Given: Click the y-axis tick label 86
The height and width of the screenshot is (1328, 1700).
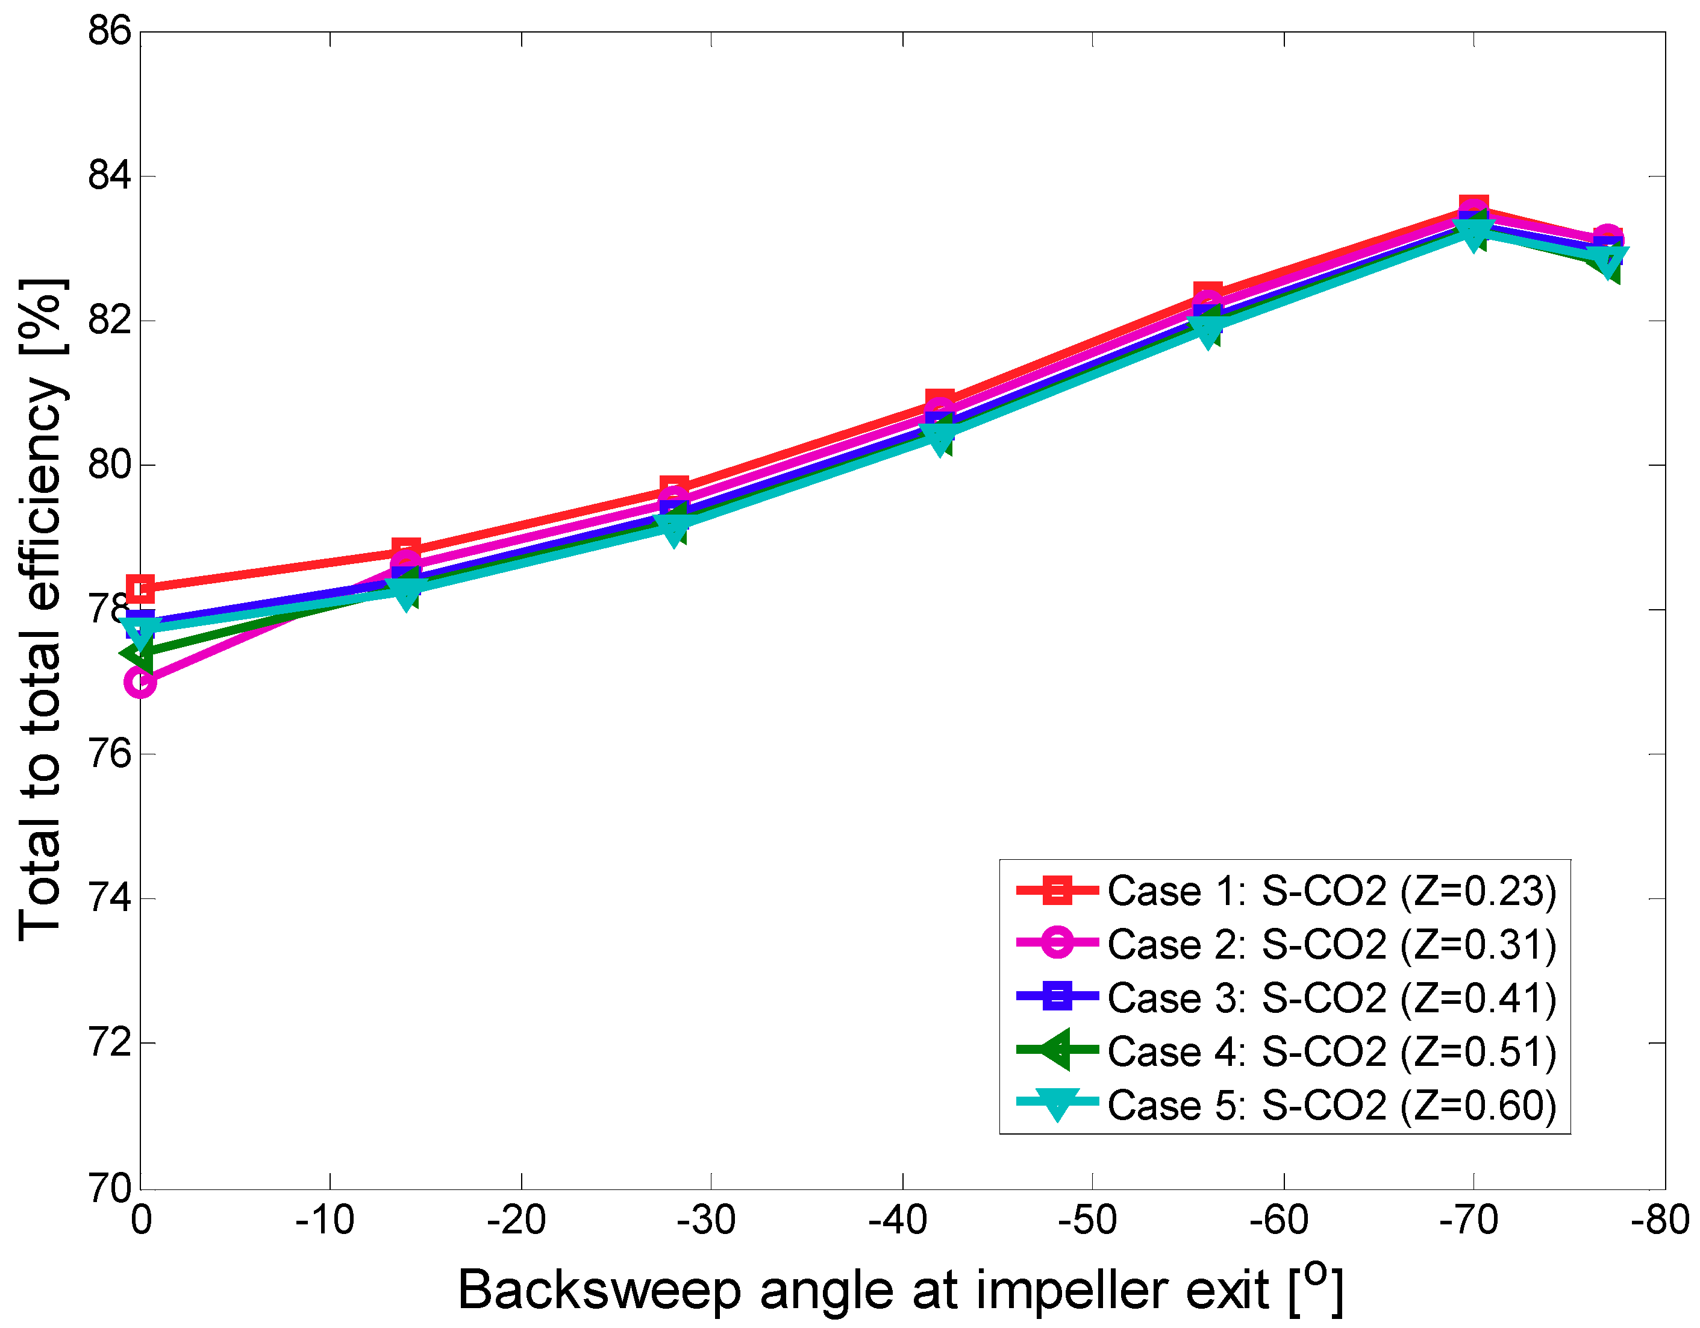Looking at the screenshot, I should (109, 32).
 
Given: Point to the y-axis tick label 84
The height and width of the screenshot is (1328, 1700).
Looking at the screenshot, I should (109, 176).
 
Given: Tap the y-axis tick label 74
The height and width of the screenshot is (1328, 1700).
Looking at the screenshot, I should (109, 898).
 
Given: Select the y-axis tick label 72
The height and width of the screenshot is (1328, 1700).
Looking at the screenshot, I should (109, 1043).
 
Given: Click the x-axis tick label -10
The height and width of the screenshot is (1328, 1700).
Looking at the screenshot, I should (325, 1221).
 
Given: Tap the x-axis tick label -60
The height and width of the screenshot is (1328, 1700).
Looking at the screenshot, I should (1279, 1221).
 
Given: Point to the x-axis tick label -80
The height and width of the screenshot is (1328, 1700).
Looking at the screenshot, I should (1660, 1221).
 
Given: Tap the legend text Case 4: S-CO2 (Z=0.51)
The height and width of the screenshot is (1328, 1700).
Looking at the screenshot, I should (1331, 1053).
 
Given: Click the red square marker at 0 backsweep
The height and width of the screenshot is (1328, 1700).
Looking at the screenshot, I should (141, 589).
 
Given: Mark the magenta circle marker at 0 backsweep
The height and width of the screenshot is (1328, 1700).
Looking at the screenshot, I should (141, 683).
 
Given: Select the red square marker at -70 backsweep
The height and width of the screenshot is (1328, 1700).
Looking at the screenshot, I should (1473, 208).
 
